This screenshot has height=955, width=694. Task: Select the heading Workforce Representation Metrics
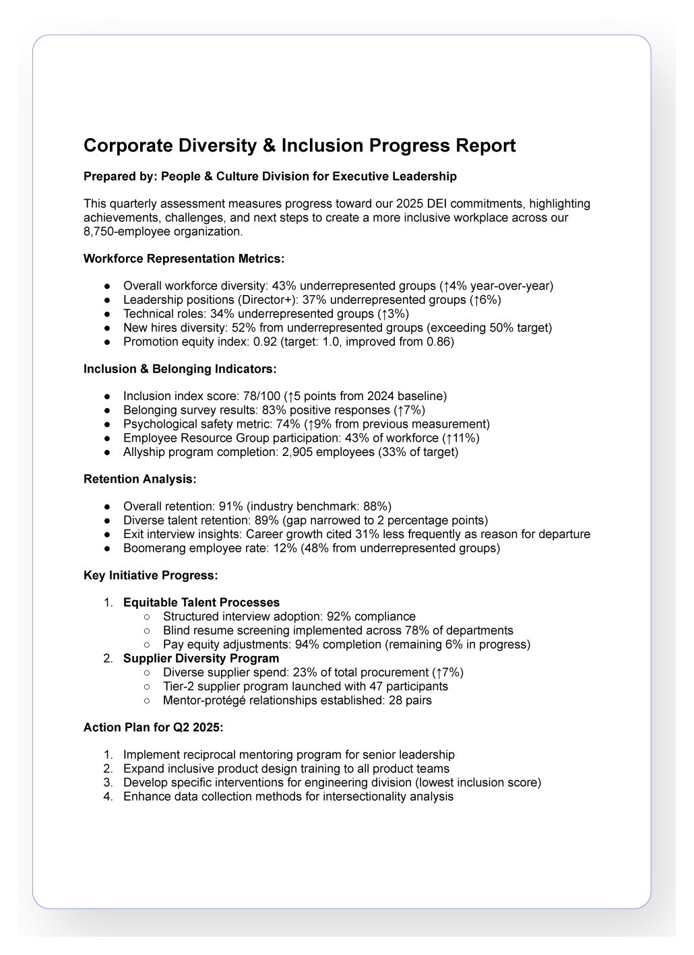(x=184, y=259)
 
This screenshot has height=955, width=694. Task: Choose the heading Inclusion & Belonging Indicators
(x=180, y=369)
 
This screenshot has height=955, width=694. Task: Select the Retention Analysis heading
(x=140, y=480)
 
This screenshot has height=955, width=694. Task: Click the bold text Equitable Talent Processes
(x=201, y=603)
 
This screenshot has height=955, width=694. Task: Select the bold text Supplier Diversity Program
(x=201, y=658)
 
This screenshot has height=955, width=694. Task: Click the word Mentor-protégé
(x=203, y=700)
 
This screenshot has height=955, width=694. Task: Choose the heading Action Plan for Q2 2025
(x=154, y=727)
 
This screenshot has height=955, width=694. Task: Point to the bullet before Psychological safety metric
(x=108, y=425)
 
